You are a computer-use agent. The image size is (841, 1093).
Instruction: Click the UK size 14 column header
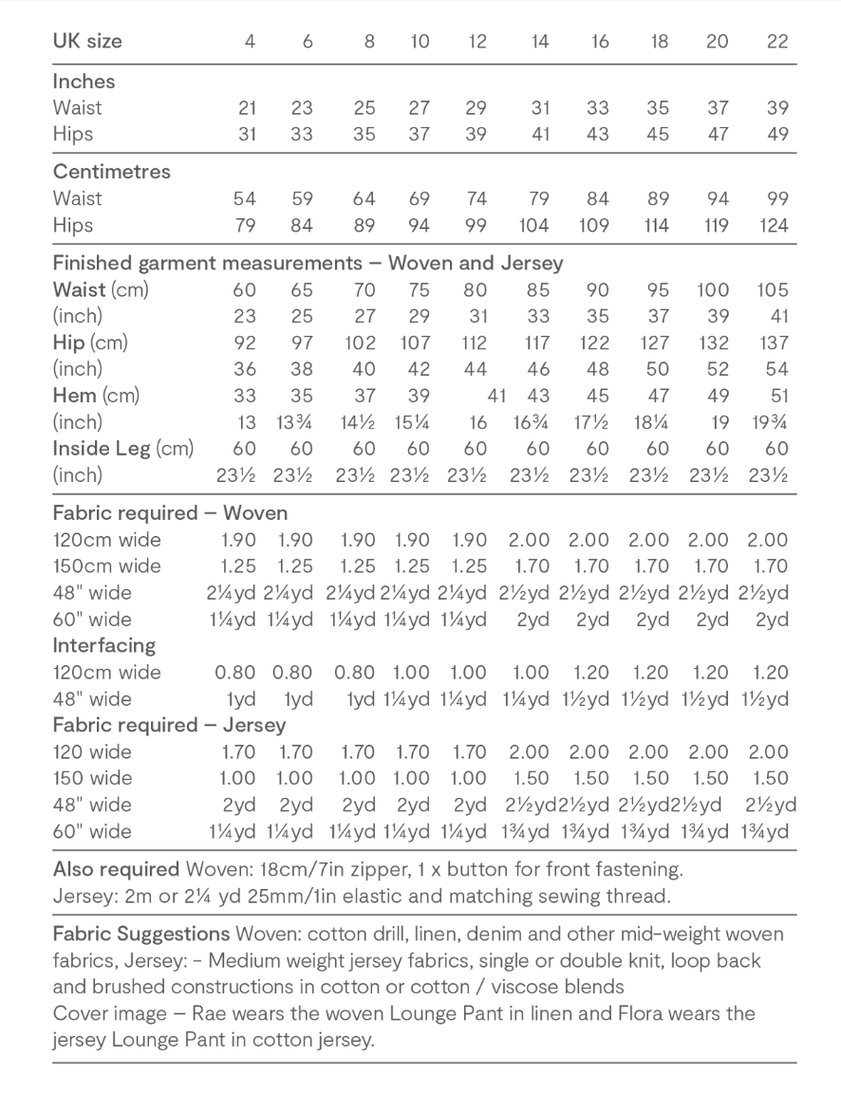pos(540,42)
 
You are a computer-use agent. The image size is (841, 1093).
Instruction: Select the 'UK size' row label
pos(87,42)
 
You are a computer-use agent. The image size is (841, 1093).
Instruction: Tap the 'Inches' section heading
pos(84,82)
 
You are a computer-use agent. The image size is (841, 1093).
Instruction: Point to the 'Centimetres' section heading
pos(111,172)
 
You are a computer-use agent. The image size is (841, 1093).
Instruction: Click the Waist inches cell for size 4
pos(248,108)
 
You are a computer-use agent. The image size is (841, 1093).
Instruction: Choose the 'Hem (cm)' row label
pos(95,396)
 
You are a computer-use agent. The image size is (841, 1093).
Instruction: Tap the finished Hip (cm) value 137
pos(773,343)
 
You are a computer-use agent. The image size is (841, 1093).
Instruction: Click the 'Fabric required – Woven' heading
pos(169,513)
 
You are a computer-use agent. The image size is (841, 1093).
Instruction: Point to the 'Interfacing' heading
pos(104,645)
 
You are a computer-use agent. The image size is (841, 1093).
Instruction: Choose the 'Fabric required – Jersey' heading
pos(169,726)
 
